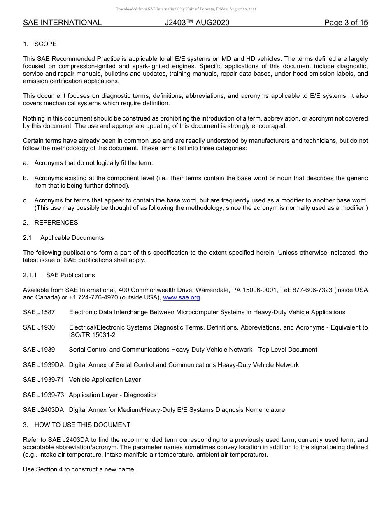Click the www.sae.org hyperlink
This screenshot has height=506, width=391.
tap(182, 297)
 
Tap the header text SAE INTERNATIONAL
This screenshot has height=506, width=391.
tap(62, 23)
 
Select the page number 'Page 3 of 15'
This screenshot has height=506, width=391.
tap(346, 23)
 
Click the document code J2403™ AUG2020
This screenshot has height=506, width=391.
tap(197, 23)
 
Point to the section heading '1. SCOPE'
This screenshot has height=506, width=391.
tap(40, 44)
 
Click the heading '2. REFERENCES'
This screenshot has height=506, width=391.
tap(50, 223)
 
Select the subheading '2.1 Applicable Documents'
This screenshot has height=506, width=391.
tap(63, 238)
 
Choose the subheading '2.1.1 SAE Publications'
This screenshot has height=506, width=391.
tap(59, 275)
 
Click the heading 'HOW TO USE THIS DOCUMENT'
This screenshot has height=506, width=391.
tap(82, 425)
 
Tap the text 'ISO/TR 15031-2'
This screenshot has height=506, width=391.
tap(92, 335)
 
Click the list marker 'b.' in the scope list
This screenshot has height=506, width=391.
tap(26, 178)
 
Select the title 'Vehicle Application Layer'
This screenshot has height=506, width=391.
tap(105, 380)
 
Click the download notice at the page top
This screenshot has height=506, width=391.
tap(186, 9)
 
